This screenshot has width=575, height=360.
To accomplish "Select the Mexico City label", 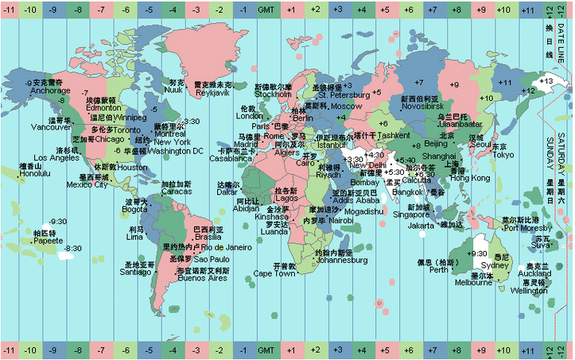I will click(x=87, y=185).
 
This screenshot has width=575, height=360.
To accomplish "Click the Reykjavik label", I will click(x=213, y=92).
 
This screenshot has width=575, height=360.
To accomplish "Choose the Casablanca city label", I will click(x=231, y=158).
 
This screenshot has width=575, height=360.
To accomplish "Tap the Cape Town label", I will click(x=274, y=273).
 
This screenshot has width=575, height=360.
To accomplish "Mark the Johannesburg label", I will click(x=342, y=260).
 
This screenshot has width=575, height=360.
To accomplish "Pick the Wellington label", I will click(x=529, y=291).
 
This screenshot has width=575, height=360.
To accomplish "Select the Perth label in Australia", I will click(x=439, y=269).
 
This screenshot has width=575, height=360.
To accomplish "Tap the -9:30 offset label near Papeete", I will click(x=57, y=221).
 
